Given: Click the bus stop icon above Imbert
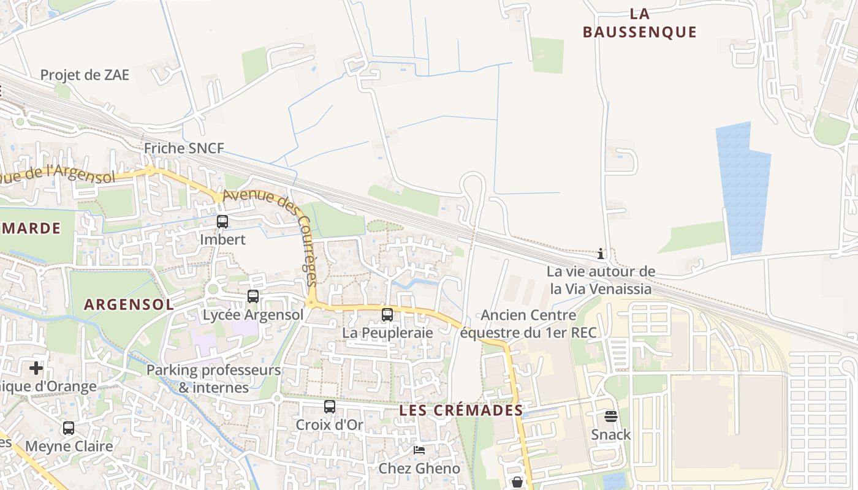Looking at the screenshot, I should (x=222, y=222).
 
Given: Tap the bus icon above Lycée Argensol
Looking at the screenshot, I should (x=252, y=296).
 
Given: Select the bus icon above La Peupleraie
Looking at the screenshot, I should (x=387, y=315).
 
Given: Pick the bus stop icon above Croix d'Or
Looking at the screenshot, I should (x=330, y=406).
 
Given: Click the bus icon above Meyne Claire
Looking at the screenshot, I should (x=69, y=428).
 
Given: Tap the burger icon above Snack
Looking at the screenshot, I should (x=610, y=417).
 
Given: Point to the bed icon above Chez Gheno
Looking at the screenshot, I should (x=419, y=450).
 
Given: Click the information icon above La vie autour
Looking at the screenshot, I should (x=601, y=254).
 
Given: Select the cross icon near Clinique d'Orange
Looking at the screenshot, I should (x=36, y=368).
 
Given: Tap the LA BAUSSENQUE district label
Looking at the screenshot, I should (x=640, y=23).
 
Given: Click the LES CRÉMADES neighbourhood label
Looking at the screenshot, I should (x=461, y=410).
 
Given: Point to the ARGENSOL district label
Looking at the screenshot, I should (x=129, y=304).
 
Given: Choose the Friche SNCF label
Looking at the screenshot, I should (x=184, y=148).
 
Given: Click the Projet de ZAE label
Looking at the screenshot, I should (x=85, y=75).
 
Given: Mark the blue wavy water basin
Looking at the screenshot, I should (x=743, y=190).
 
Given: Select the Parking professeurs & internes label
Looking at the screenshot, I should (x=213, y=379).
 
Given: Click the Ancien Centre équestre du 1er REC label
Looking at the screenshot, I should (x=528, y=324).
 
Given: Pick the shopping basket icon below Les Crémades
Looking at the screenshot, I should (x=517, y=482).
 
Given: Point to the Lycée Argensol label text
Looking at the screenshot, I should (x=253, y=315).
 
